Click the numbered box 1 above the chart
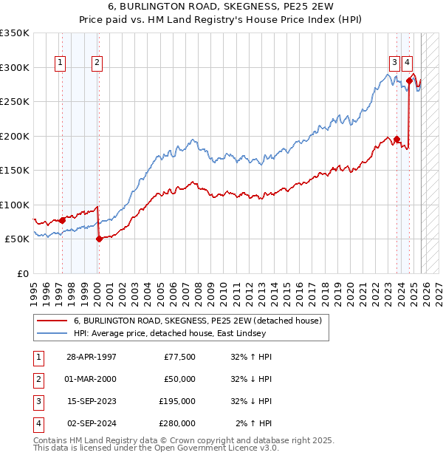60,63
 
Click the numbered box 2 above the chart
97,63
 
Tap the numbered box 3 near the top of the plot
395,63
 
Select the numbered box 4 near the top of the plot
408,63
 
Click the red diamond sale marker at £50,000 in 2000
99,239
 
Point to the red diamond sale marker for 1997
62,220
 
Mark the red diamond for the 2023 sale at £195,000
396,139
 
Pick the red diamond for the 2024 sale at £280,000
409,81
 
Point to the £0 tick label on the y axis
21,273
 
